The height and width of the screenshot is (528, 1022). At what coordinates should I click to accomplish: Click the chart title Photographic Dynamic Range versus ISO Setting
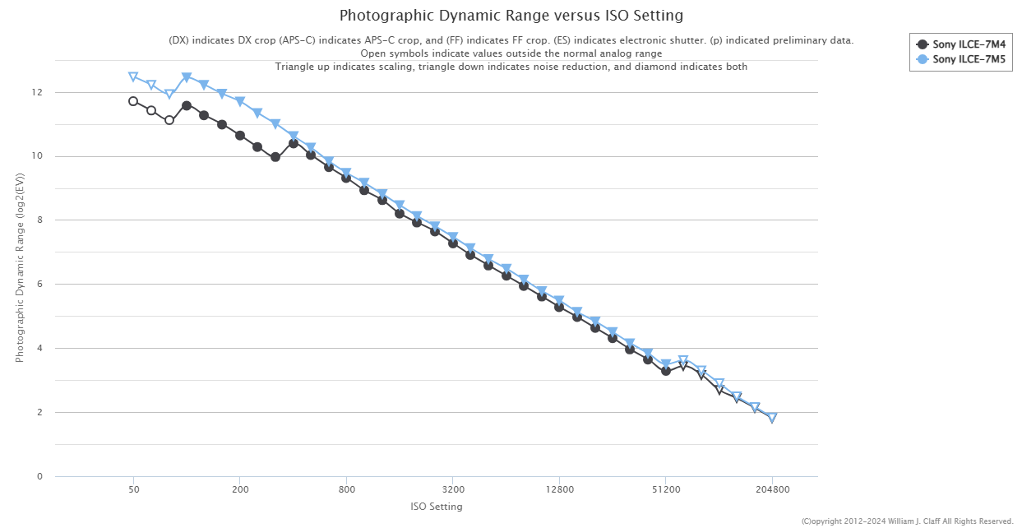coord(511,16)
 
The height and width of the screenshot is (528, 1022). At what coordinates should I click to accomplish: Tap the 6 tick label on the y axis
coord(38,285)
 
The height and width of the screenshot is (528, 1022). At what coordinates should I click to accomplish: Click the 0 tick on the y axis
coord(38,476)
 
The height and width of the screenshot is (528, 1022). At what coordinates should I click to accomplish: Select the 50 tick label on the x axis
coord(133,489)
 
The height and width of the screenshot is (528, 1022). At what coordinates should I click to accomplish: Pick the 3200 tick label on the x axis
coord(453,489)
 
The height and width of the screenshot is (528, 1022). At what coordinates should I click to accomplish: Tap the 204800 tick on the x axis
coord(772,489)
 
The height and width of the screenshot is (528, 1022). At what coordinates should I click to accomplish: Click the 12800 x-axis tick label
coord(559,489)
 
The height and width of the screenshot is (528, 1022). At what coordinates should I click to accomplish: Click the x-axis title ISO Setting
coord(436,507)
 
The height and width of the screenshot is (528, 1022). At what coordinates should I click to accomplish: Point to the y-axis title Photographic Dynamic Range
coord(19,268)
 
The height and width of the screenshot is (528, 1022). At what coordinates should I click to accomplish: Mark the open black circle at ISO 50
coord(133,101)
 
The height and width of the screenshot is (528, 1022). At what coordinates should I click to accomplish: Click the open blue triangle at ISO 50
coord(133,77)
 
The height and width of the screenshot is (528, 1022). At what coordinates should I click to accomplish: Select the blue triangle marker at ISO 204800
coord(772,418)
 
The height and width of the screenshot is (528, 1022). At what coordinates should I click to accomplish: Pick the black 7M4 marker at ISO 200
coord(240,136)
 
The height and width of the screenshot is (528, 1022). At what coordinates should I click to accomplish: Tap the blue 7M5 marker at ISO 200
coord(240,102)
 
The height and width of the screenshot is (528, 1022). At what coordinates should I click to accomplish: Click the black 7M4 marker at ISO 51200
coord(666,371)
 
